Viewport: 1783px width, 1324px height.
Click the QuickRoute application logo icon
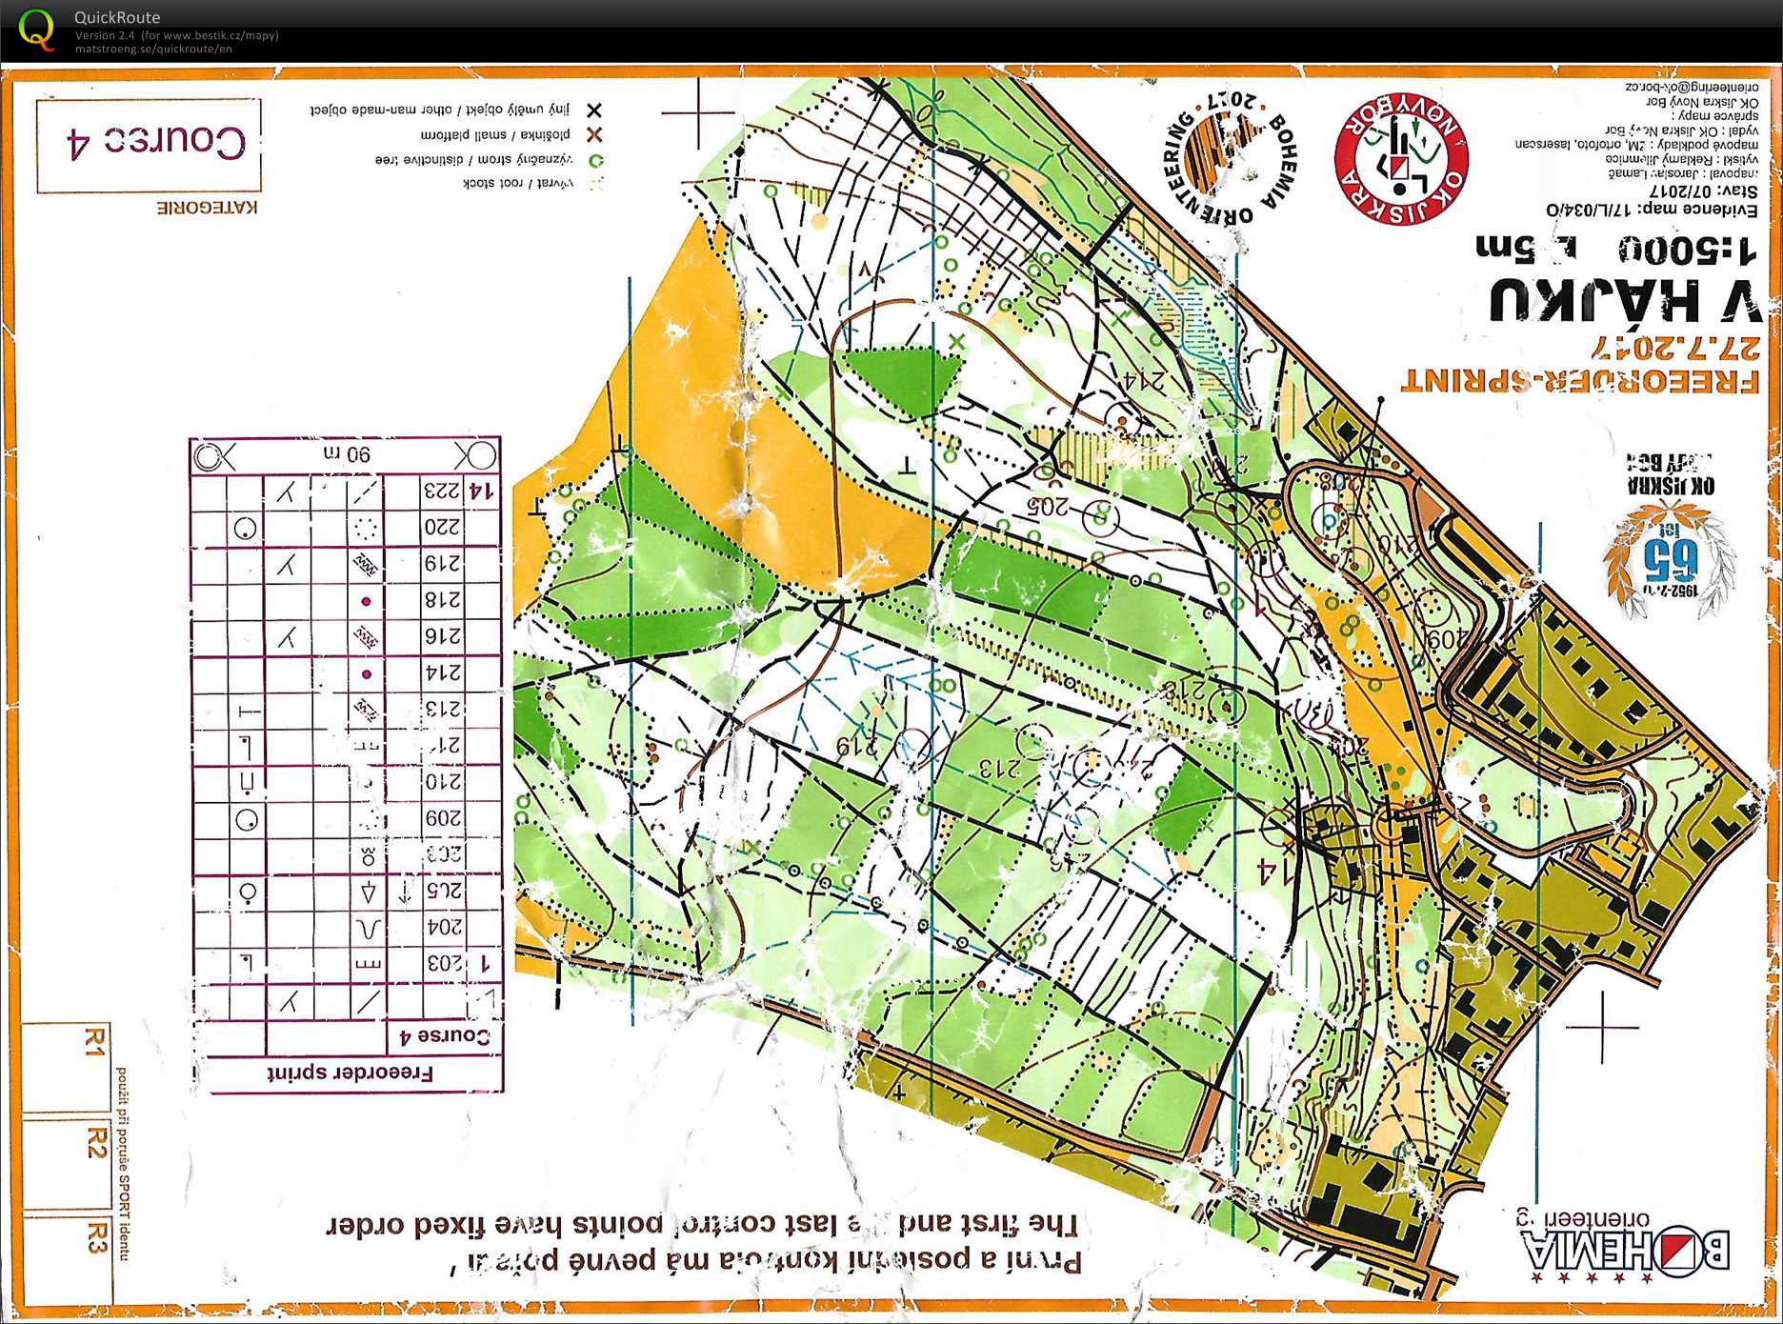point(36,29)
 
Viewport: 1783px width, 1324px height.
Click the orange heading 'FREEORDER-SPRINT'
point(1578,378)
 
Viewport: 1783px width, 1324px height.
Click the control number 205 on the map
point(1049,506)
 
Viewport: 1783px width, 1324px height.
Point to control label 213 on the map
point(999,766)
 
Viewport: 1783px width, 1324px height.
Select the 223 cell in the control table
point(441,491)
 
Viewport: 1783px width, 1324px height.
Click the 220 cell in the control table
point(441,527)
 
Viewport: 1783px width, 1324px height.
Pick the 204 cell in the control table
point(442,926)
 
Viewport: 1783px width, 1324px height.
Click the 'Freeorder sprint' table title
point(350,1073)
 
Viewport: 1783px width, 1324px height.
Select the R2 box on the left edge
point(95,1142)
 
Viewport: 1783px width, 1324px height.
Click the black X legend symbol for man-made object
point(593,110)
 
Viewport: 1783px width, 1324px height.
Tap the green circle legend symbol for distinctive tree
point(595,160)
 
